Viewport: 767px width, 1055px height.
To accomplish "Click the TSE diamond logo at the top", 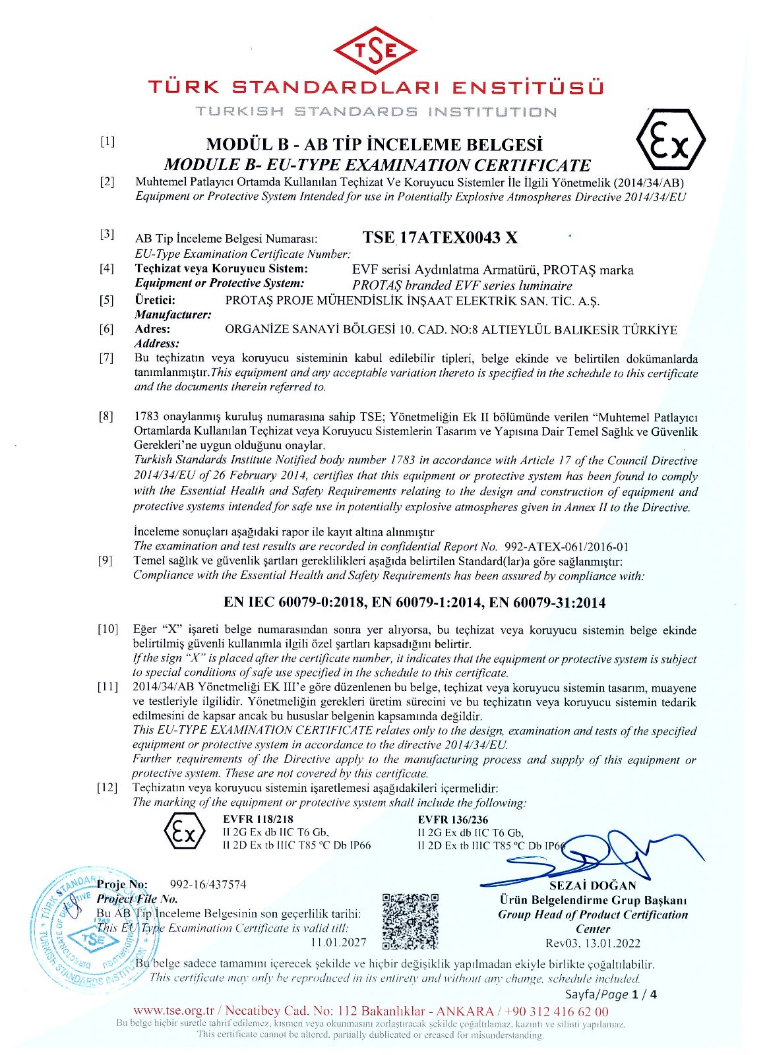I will [x=375, y=51].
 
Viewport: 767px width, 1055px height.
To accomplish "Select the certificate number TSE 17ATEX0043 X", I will [x=440, y=237].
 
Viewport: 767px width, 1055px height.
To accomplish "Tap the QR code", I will [x=410, y=920].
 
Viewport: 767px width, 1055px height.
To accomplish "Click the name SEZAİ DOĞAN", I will [x=593, y=886].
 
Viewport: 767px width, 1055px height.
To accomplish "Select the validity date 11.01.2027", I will [x=338, y=942].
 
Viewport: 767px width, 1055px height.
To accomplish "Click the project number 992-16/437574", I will [x=208, y=884].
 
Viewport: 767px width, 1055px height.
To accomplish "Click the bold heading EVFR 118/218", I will [x=258, y=819].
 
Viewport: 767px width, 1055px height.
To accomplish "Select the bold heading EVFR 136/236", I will [x=453, y=819].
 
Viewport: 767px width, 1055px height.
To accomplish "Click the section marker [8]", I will [x=106, y=417].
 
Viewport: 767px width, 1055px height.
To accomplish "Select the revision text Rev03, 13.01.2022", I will [x=592, y=943].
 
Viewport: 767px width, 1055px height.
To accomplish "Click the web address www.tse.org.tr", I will [x=174, y=1011].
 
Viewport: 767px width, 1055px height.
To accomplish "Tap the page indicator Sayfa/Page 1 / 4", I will [x=611, y=994].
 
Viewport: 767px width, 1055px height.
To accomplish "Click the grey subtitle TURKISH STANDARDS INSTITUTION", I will [x=376, y=111].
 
